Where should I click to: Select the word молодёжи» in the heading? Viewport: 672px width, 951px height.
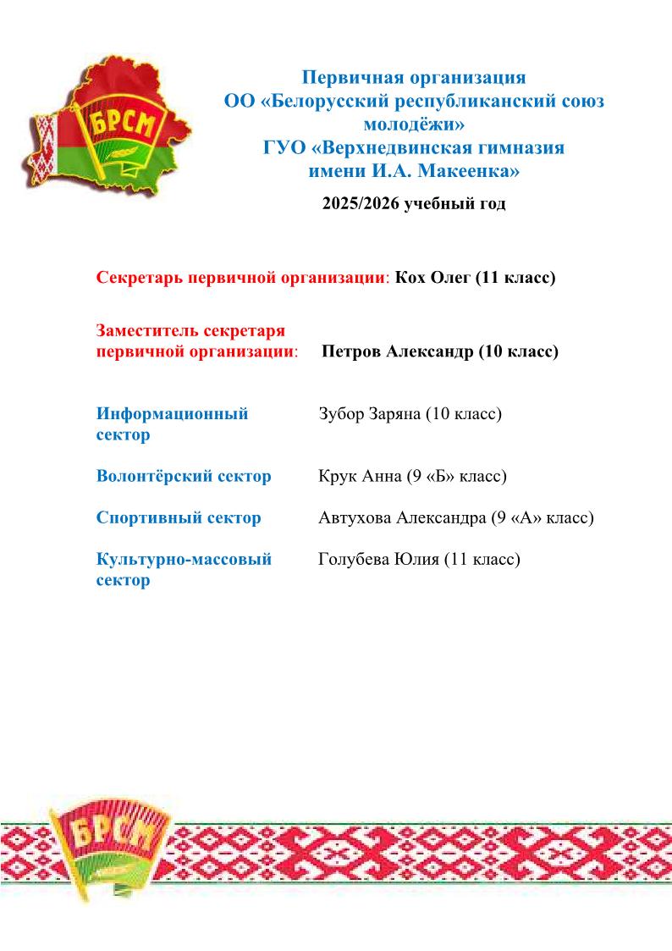pyautogui.click(x=414, y=125)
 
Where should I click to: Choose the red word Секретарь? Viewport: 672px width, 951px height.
pyautogui.click(x=140, y=278)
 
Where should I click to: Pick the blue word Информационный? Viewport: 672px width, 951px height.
pyautogui.click(x=172, y=414)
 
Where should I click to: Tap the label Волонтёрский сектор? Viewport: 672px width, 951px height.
pyautogui.click(x=184, y=476)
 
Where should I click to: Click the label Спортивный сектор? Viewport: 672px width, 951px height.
pyautogui.click(x=179, y=517)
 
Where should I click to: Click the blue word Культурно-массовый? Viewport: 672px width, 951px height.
pyautogui.click(x=184, y=559)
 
